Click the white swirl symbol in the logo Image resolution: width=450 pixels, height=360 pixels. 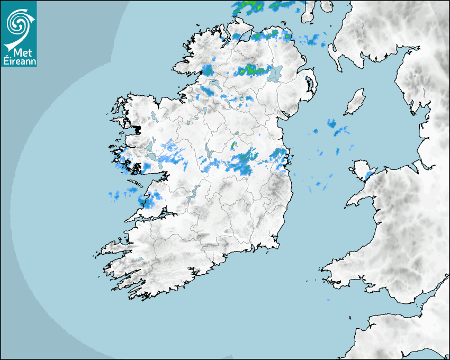click(x=18, y=22)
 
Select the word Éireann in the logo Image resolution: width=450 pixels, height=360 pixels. click(x=19, y=60)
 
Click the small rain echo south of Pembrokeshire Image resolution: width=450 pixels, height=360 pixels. click(x=328, y=300)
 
